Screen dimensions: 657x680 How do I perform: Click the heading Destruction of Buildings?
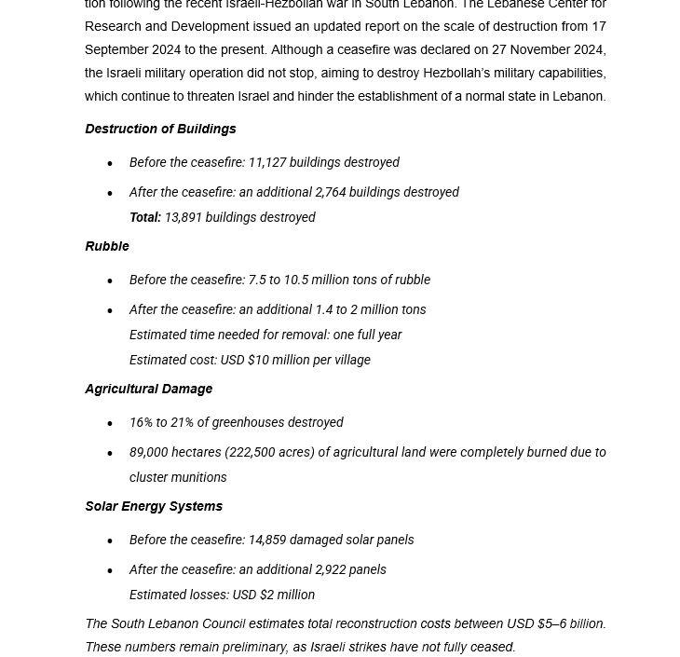[160, 129]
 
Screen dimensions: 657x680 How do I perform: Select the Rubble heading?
[107, 246]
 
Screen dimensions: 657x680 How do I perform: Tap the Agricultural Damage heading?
[148, 389]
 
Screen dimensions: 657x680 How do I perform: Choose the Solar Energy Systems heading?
[154, 506]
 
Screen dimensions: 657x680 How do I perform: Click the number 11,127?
[266, 162]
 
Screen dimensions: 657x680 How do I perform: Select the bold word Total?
[145, 217]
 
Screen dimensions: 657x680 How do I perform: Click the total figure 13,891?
[184, 217]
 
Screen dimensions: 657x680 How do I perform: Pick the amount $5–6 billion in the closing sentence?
[571, 623]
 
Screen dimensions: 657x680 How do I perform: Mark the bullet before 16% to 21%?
[110, 424]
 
